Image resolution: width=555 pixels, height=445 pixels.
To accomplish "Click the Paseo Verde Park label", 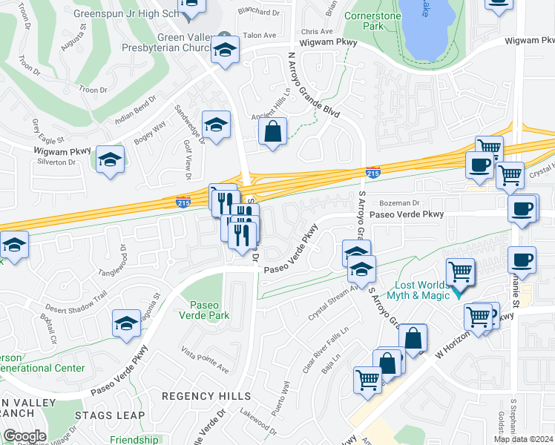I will (208, 310).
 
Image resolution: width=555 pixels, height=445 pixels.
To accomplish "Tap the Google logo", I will (24, 436).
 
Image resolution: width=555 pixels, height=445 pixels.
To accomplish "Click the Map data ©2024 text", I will (523, 439).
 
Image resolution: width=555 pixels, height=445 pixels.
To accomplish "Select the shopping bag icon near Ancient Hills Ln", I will (273, 133).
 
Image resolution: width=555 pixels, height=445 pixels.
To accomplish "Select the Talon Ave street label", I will (260, 35).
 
